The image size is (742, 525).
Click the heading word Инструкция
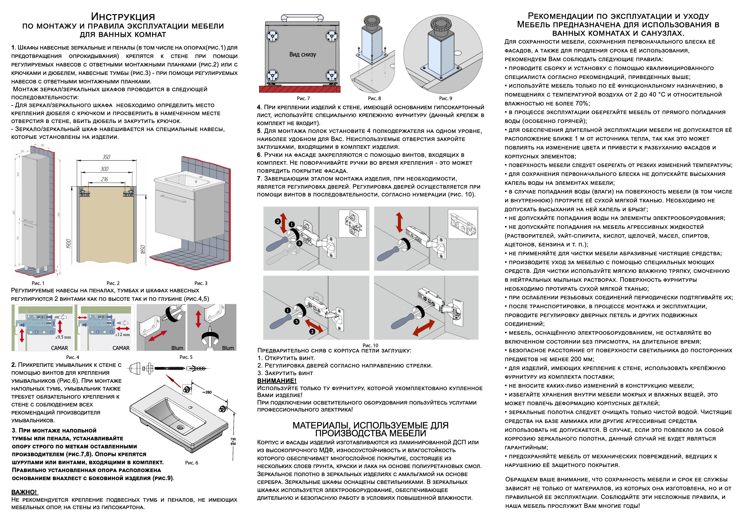point(123,17)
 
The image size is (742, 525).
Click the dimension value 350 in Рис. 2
point(106,157)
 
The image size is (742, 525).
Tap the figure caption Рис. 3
point(201,283)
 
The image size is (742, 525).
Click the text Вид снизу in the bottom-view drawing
point(303,54)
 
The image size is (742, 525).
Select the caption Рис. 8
point(374,98)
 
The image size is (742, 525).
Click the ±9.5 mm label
point(63,337)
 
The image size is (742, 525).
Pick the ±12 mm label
point(123,335)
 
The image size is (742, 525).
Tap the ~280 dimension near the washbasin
point(207,392)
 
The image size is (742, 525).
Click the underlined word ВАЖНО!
point(24,492)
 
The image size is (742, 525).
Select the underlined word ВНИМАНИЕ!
point(277,381)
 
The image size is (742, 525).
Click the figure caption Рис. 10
point(370,345)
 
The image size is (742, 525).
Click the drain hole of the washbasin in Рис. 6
point(180,427)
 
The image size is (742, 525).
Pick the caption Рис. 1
point(38,283)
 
